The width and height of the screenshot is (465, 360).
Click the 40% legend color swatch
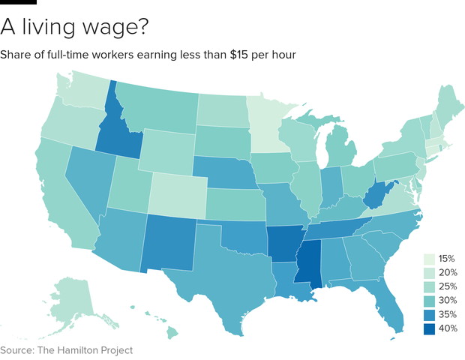click(430, 328)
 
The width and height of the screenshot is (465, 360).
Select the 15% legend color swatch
click(430, 258)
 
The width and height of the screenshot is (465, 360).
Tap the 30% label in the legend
click(448, 300)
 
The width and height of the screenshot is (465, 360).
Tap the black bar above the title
click(18, 2)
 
